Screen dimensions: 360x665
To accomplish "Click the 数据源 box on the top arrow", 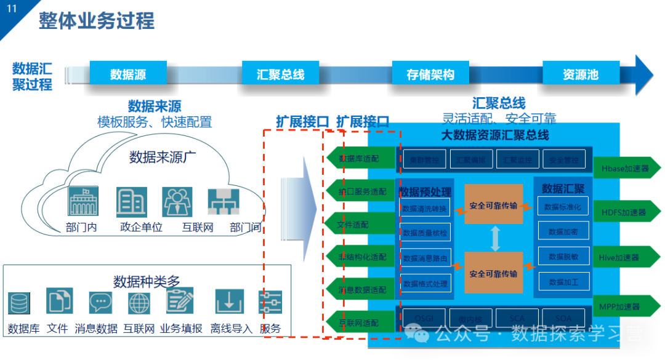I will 128,74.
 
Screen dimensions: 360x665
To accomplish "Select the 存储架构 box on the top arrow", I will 430,74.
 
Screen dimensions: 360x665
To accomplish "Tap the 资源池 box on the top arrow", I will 581,74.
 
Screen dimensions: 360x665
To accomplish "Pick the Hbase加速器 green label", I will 624,167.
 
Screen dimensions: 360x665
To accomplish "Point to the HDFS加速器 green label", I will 624,212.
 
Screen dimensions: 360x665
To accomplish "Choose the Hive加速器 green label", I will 624,258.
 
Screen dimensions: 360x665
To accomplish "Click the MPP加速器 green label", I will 624,306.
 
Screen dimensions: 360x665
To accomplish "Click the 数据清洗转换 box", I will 425,208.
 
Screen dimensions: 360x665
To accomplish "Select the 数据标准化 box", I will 563,207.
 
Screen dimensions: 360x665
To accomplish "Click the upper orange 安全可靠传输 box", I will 493,205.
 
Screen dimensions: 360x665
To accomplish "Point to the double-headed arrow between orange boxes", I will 494,239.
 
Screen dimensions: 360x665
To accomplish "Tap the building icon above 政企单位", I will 131,202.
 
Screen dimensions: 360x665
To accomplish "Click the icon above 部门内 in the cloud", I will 83,202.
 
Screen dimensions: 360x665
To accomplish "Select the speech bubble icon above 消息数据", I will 100,303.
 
